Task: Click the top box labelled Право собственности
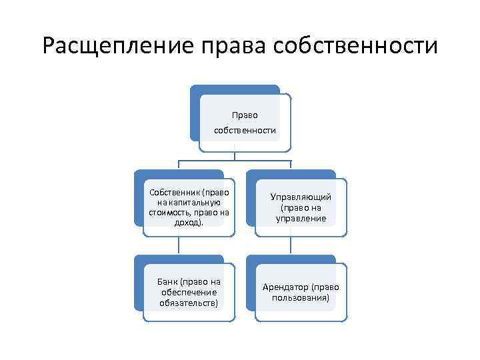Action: [245, 122]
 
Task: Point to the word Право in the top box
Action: [245, 115]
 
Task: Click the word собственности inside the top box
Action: [245, 130]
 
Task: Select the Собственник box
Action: [189, 207]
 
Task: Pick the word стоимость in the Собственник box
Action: [169, 213]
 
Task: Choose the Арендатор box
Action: [301, 292]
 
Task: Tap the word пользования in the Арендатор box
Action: [301, 297]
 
